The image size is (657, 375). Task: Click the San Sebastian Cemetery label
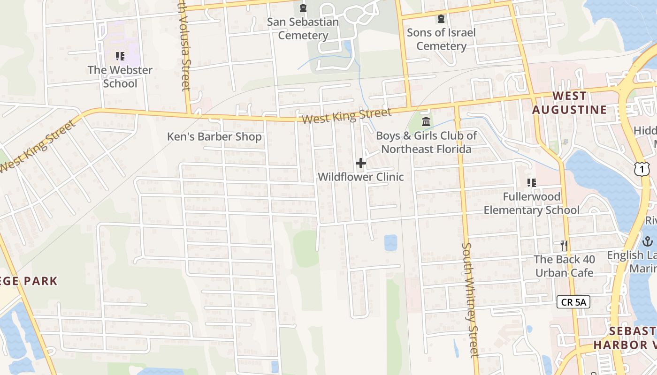[303, 29]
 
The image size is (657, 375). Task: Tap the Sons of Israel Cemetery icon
[441, 19]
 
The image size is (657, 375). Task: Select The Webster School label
[120, 77]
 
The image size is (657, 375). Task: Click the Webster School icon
[120, 56]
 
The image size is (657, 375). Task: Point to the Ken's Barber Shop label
[214, 137]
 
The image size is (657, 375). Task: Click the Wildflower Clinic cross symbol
[361, 163]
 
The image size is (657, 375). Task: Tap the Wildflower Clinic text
[361, 177]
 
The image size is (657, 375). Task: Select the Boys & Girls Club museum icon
[426, 122]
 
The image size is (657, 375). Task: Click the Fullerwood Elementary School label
[532, 203]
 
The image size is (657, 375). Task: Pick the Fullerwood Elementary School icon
[532, 183]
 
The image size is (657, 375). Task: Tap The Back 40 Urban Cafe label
[564, 266]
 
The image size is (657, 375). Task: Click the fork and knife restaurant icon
[564, 245]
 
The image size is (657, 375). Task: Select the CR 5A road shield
[573, 302]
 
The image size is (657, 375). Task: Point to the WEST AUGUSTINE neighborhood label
[569, 103]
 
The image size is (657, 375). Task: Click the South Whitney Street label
[470, 300]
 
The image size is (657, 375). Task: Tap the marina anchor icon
[648, 242]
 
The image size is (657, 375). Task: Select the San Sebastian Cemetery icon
[303, 8]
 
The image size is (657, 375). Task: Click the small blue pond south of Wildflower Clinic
[390, 242]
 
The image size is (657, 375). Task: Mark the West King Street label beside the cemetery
[346, 116]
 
